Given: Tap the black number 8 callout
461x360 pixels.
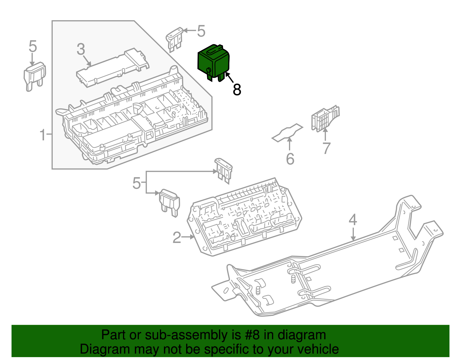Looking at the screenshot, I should [x=237, y=90].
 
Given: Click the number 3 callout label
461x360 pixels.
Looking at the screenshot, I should [x=81, y=49].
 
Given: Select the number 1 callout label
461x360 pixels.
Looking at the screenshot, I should [x=43, y=135].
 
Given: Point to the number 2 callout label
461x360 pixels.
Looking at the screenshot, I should [x=177, y=238].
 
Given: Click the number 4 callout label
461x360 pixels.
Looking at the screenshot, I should [x=353, y=220].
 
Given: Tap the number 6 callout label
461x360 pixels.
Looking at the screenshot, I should [x=290, y=159].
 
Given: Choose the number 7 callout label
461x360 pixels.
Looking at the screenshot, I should [x=326, y=148].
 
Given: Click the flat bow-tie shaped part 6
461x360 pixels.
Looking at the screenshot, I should [x=288, y=133].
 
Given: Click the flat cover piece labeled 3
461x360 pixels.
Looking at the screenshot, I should [x=112, y=68].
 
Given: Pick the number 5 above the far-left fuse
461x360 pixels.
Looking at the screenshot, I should [x=33, y=46].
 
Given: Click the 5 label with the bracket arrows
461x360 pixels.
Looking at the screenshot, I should [x=136, y=183].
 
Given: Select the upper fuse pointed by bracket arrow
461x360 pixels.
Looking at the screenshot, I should [x=224, y=170].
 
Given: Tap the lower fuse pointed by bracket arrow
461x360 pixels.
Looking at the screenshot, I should [x=170, y=202].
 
